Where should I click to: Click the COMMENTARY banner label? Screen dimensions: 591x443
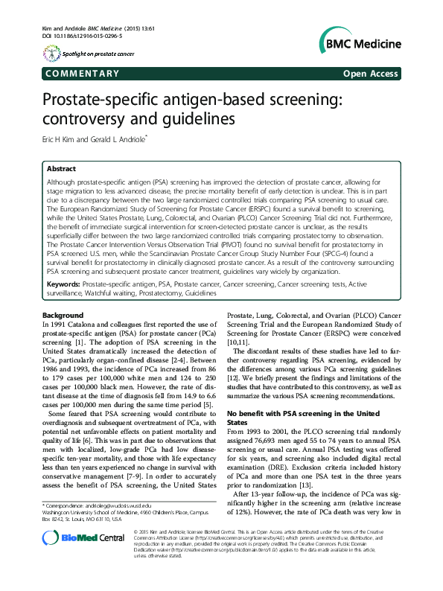83,74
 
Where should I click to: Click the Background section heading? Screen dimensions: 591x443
63,316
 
